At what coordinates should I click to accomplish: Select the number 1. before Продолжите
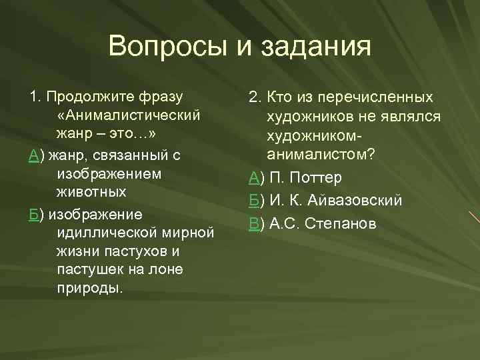pos(35,97)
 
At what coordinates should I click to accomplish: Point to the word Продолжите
pos(90,97)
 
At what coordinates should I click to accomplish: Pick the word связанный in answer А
pos(125,155)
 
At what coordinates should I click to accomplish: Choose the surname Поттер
pos(316,178)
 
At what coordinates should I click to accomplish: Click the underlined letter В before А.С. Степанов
pos(253,223)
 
